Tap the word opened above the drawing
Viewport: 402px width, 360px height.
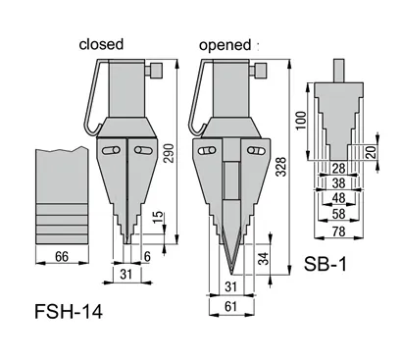225,44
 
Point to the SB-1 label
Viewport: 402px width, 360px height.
330,266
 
